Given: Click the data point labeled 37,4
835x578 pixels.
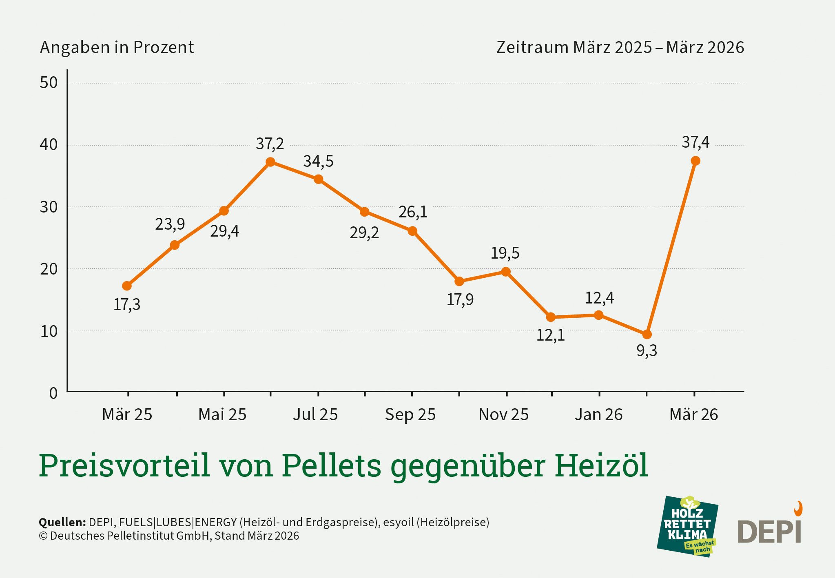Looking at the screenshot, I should tap(695, 161).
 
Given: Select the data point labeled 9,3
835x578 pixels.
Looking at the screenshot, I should tap(647, 334).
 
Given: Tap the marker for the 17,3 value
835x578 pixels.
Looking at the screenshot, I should tap(127, 286).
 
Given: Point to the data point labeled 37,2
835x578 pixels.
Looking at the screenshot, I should tap(270, 162).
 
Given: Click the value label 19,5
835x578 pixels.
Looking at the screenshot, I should tap(505, 253).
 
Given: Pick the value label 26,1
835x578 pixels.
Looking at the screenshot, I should tap(412, 212).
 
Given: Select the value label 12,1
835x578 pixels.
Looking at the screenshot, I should tap(550, 335).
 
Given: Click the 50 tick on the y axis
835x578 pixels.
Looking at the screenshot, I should tap(49, 83).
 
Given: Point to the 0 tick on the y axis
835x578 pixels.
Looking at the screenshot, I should tap(53, 393).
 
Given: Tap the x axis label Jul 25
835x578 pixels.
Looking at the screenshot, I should tap(315, 414).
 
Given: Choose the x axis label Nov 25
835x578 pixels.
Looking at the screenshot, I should tap(503, 414).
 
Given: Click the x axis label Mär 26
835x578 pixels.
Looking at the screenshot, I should tap(693, 414).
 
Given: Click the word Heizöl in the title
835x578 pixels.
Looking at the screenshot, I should tap(601, 465).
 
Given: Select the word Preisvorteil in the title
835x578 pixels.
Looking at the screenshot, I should tap(124, 465).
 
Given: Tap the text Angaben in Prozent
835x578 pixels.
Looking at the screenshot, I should tap(117, 47).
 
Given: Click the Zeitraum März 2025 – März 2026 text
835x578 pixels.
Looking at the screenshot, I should tap(620, 47).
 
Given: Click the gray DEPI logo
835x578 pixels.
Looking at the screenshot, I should tap(769, 529).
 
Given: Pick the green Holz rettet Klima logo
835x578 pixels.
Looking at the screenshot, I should tap(687, 526).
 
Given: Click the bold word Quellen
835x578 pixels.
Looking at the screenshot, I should tap(62, 522).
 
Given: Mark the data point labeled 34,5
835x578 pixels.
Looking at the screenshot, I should tap(319, 179).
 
